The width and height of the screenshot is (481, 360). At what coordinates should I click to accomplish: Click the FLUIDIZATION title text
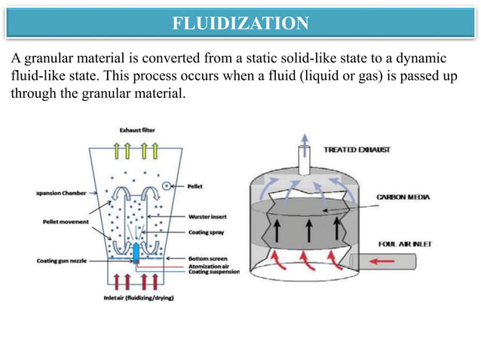(x=240, y=23)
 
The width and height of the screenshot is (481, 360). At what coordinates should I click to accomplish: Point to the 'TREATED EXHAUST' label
(x=357, y=151)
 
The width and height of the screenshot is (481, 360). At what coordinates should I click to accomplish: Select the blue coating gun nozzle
(x=136, y=252)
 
